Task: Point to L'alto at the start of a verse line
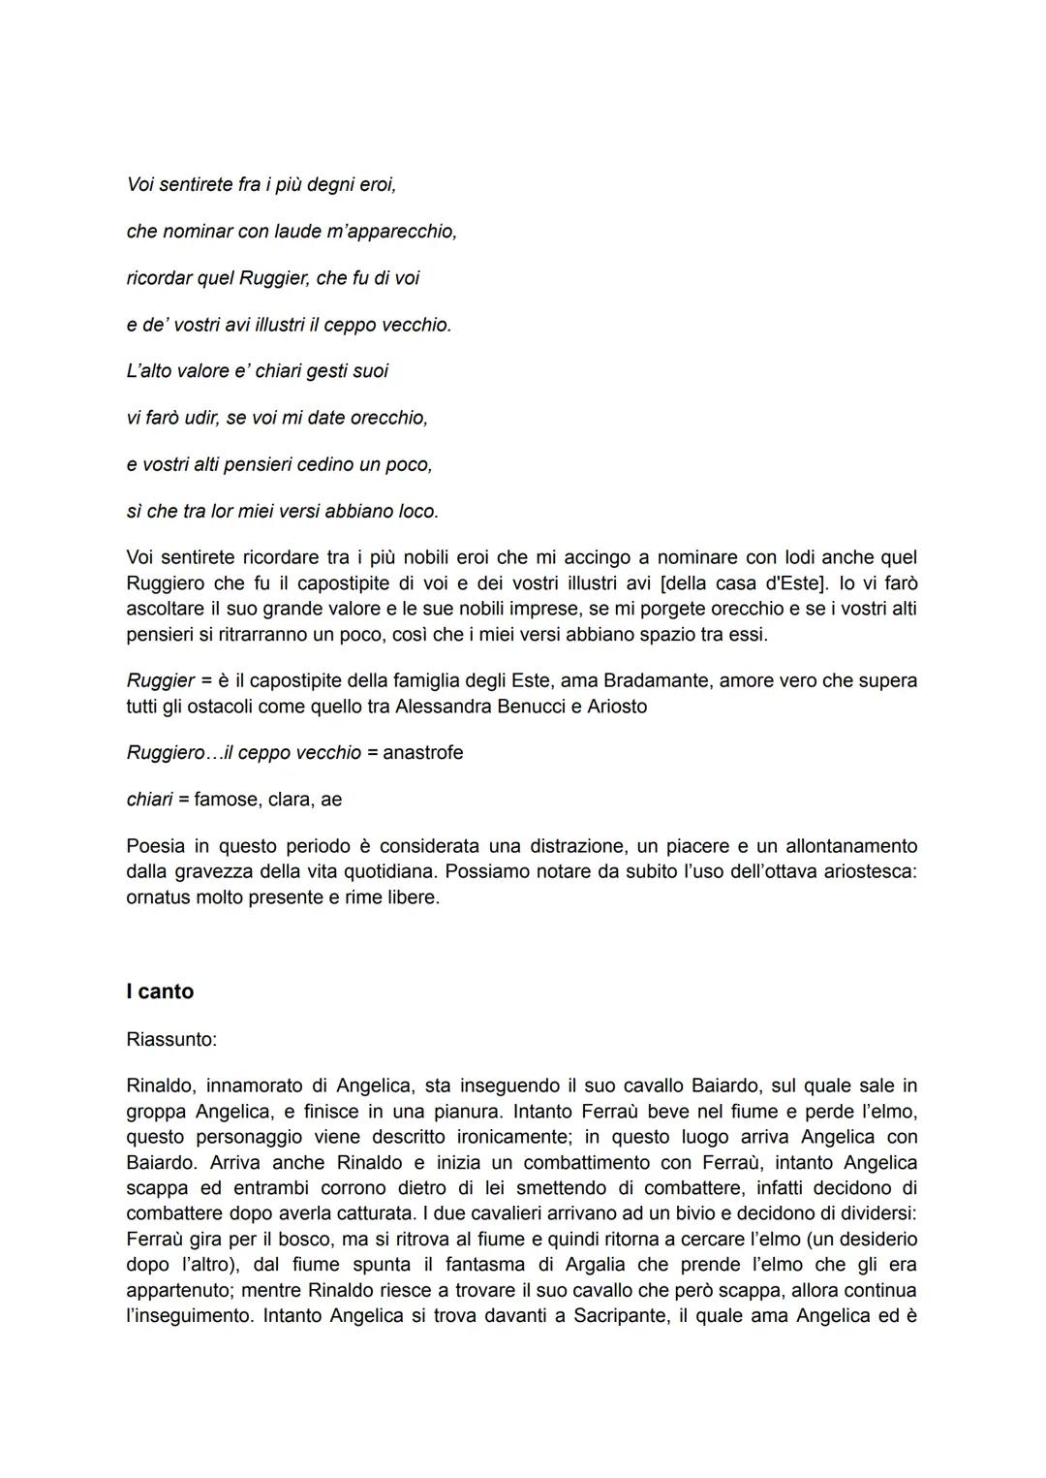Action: click(148, 371)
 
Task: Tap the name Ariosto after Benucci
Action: click(616, 707)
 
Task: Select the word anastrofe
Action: click(422, 752)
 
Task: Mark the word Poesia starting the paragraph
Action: click(155, 846)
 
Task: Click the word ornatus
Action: click(159, 897)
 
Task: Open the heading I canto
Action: click(160, 991)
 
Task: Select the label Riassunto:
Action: click(171, 1040)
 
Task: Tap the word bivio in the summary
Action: click(699, 1213)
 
